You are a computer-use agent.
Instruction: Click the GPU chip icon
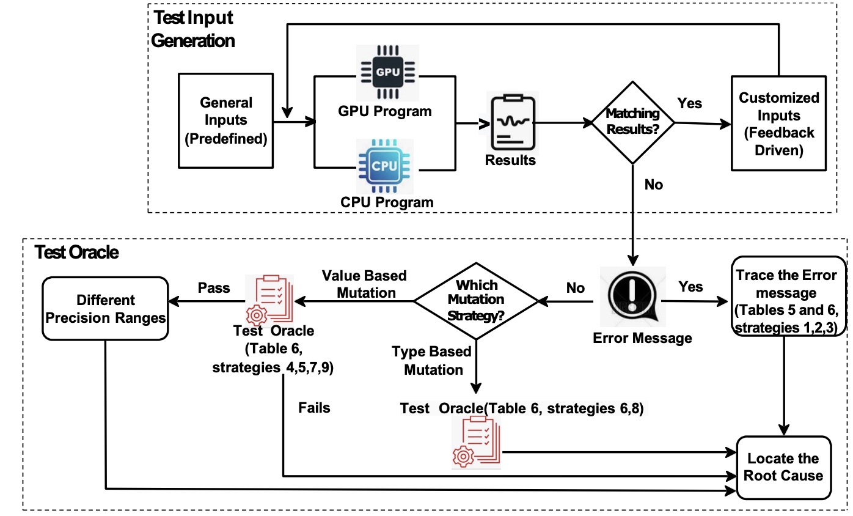point(387,72)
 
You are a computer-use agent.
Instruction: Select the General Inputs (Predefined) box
point(226,121)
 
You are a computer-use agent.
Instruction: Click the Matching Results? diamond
point(632,122)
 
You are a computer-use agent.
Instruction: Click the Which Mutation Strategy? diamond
point(476,300)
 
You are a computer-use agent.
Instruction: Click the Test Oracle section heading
point(77,252)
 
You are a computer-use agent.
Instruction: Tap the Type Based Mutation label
point(431,360)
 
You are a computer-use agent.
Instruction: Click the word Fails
point(314,407)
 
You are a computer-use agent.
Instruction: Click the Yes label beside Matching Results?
point(690,104)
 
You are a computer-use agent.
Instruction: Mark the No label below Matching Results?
point(653,184)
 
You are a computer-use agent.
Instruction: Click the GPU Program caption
point(385,111)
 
